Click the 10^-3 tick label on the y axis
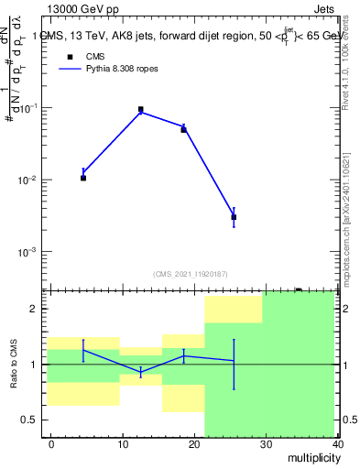pos(27,251)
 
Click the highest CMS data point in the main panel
pos(141,109)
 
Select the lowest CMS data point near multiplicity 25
pos(234,217)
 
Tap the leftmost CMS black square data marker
pos(83,178)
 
